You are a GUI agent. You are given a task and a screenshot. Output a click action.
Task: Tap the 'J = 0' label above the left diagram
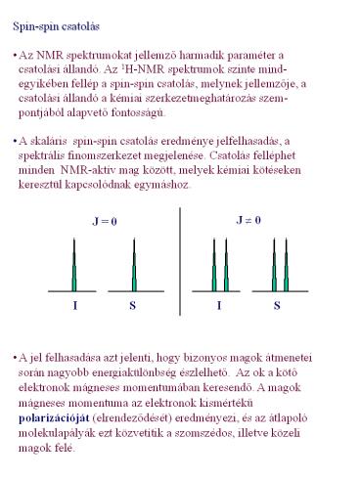[104, 222]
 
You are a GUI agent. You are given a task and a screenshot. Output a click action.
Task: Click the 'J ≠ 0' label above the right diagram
[248, 222]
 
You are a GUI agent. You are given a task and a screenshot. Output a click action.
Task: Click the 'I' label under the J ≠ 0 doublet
[219, 306]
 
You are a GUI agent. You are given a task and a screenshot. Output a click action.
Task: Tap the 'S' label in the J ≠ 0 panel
[277, 306]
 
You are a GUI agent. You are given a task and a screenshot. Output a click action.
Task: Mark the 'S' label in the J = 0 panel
[133, 306]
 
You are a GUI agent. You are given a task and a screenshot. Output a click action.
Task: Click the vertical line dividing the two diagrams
[181, 260]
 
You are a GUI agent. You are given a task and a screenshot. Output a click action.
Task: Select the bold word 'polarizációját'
[52, 414]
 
